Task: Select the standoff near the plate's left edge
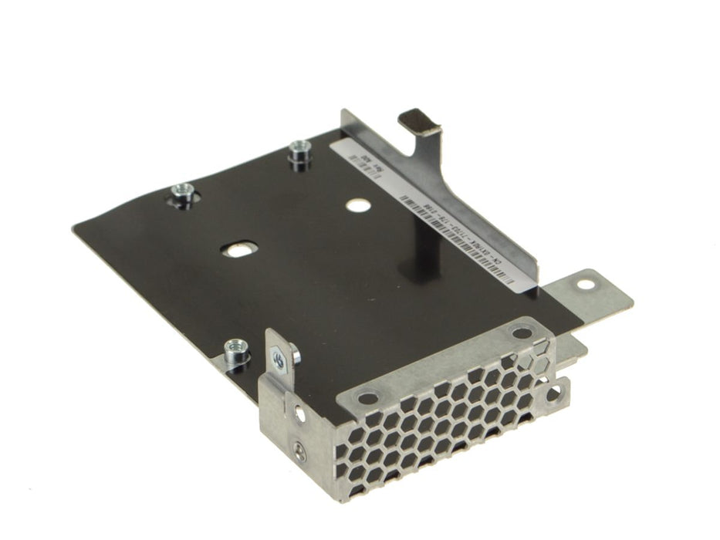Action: tap(182, 196)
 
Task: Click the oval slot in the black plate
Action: tap(236, 250)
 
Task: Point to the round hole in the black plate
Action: tap(357, 205)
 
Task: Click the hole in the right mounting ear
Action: tap(586, 284)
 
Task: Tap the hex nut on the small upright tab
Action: tap(279, 358)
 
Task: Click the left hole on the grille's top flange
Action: tap(366, 398)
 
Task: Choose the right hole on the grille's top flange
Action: tap(522, 333)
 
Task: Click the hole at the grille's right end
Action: tap(553, 394)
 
